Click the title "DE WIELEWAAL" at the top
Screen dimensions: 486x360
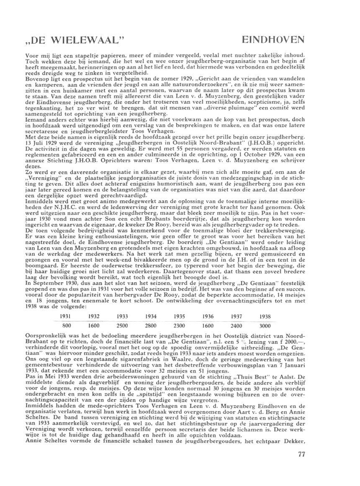pyautogui.click(x=75, y=41)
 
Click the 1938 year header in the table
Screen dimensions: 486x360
pyautogui.click(x=265, y=316)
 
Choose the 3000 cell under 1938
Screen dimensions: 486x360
pyautogui.click(x=265, y=325)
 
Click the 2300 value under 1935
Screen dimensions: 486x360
pyautogui.click(x=179, y=325)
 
